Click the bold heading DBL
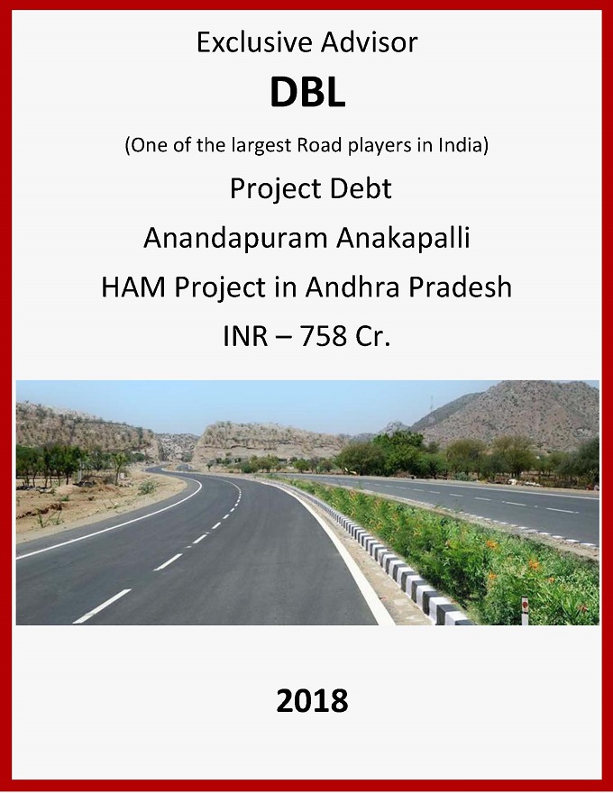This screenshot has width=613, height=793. (x=307, y=92)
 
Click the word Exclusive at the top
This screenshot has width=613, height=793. (x=252, y=42)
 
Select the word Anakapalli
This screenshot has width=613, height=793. (x=403, y=238)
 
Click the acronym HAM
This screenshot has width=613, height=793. (x=133, y=287)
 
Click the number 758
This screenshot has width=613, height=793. (x=324, y=336)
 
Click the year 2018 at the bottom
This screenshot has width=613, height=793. (x=312, y=700)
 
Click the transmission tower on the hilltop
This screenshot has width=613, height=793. (x=431, y=406)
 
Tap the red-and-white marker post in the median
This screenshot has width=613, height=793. (x=525, y=609)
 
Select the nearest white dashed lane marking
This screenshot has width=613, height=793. (x=102, y=606)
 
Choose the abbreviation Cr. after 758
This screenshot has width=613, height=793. (x=372, y=336)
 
